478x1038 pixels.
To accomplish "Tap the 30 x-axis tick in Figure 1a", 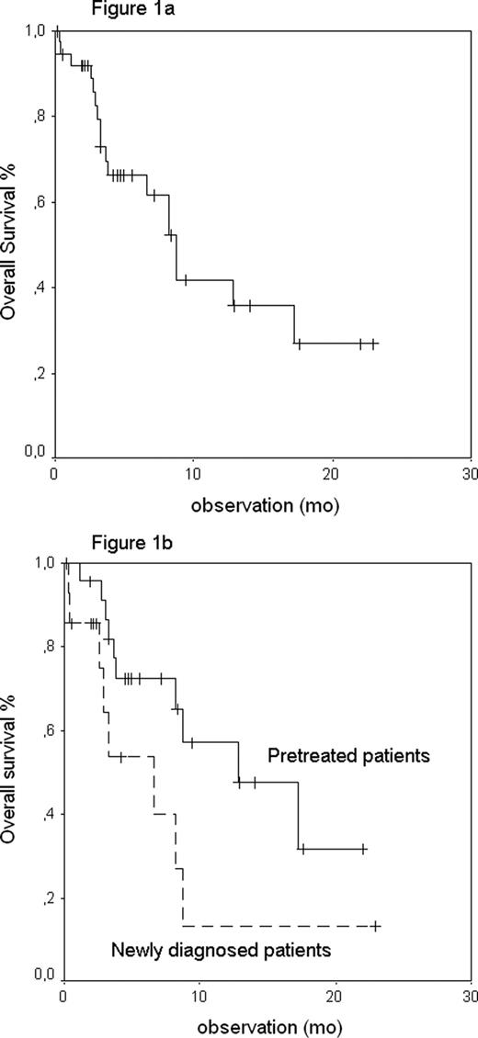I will click(x=469, y=473).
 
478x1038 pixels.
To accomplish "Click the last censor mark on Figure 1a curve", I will click(x=373, y=344).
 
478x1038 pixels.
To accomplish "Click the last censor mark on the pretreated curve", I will click(x=363, y=850).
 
